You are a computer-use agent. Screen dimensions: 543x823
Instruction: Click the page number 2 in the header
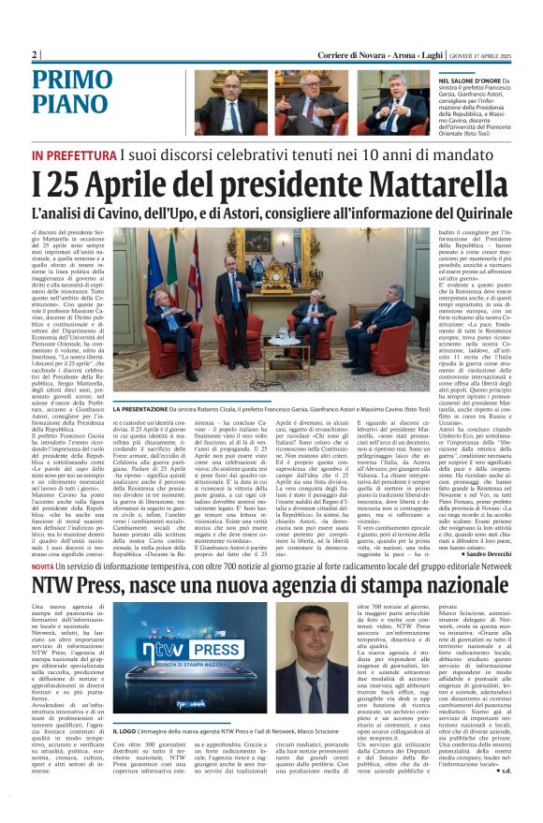36,54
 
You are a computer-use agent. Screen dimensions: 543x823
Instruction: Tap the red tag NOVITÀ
42,567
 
